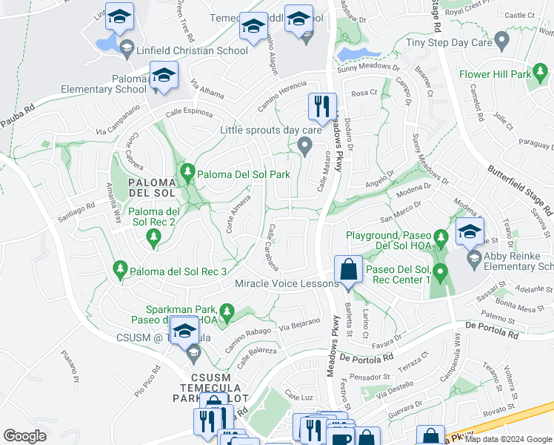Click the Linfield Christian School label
(192, 50)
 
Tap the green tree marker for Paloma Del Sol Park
(188, 174)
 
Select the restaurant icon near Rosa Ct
(322, 106)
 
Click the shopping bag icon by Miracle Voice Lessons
(347, 269)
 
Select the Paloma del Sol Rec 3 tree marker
(119, 270)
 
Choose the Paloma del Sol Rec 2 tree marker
(153, 237)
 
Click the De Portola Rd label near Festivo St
(367, 357)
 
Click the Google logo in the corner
(25, 436)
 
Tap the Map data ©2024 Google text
(507, 439)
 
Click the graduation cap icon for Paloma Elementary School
(164, 76)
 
